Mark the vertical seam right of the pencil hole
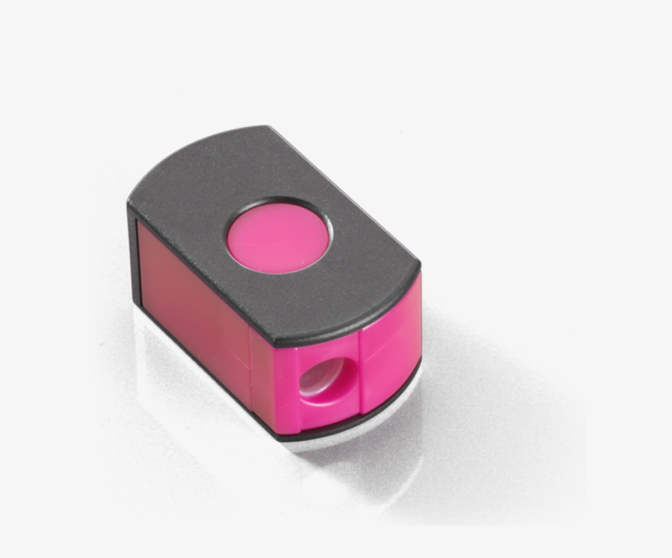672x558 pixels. click(361, 361)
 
